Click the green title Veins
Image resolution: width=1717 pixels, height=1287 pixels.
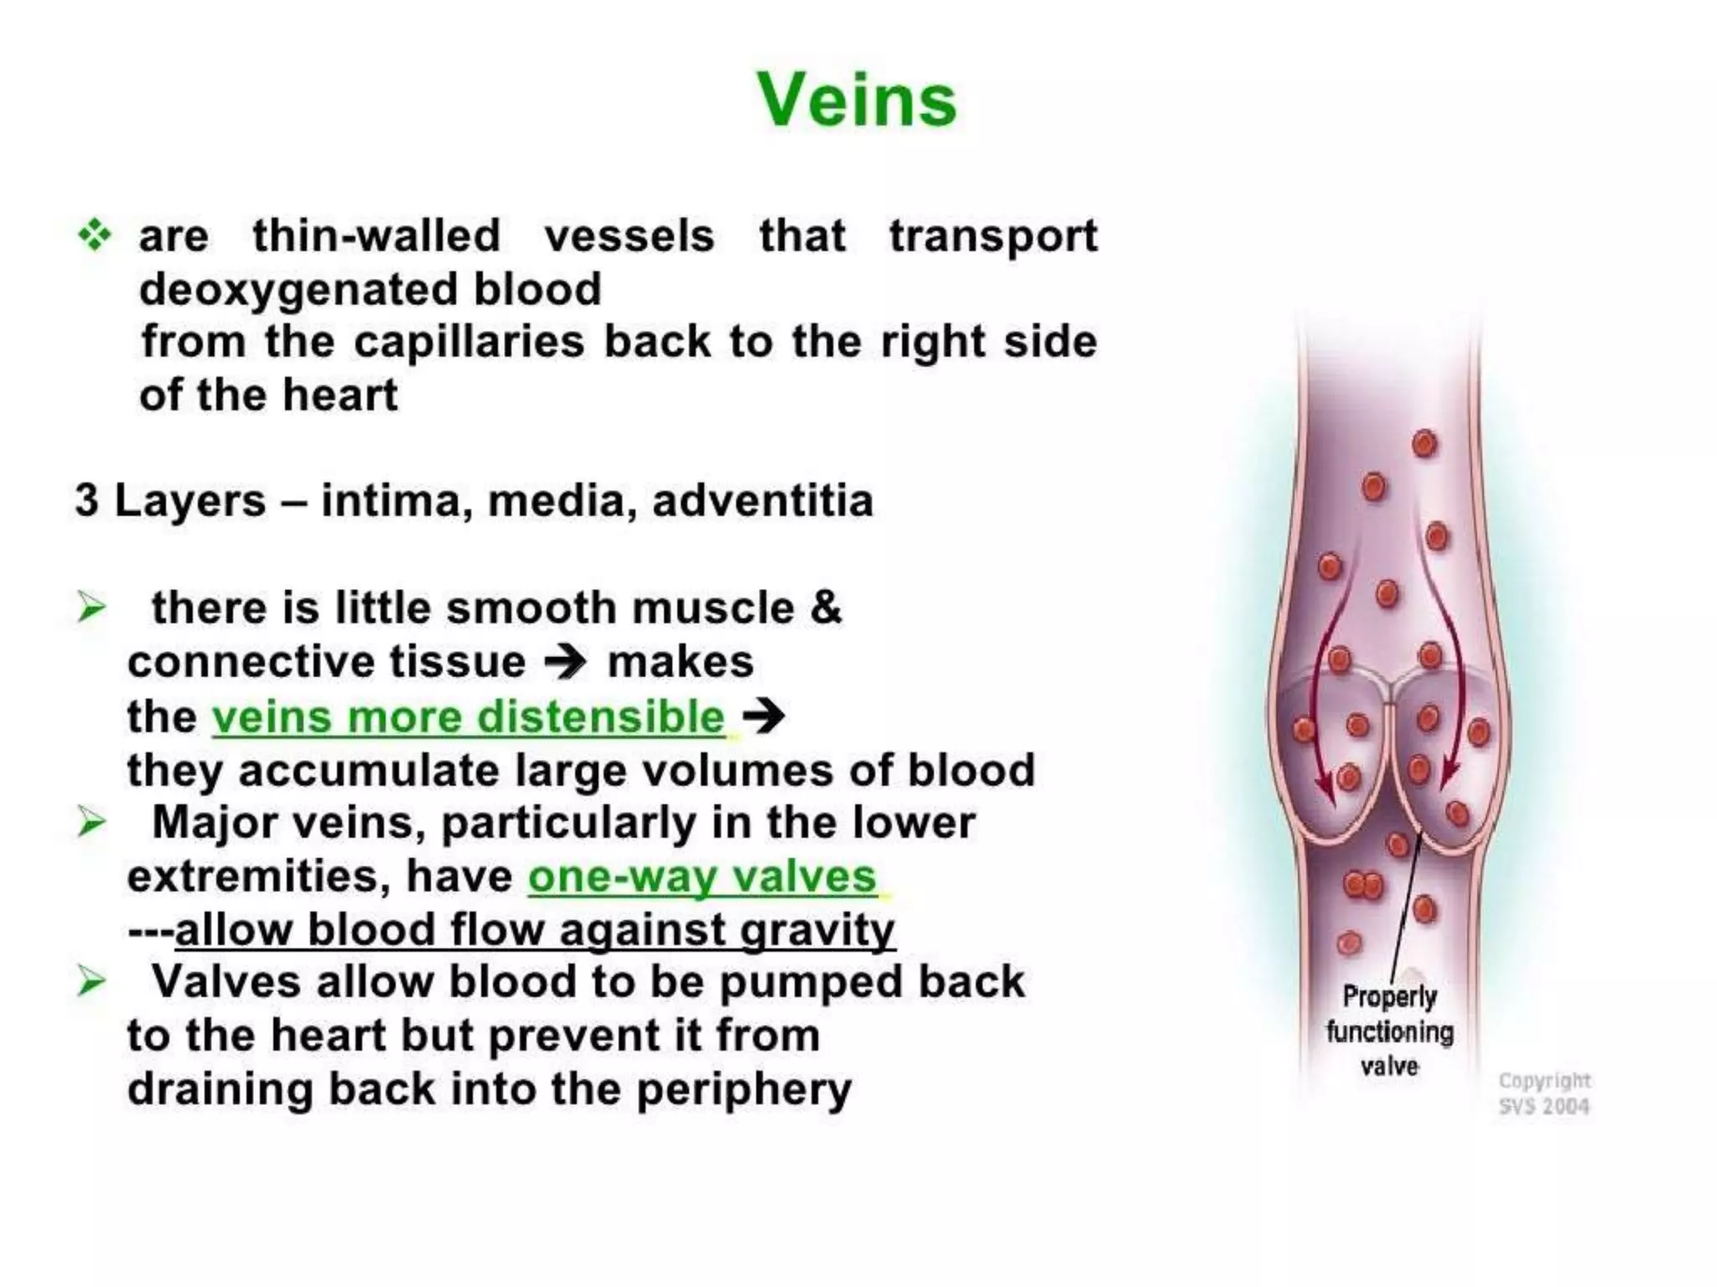(x=856, y=100)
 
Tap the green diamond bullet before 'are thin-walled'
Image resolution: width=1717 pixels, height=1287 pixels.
(x=94, y=235)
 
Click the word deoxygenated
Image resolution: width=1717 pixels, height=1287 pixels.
(x=298, y=289)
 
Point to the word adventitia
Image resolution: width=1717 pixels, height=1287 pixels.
(x=762, y=501)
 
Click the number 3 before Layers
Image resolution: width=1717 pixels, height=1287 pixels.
(x=86, y=500)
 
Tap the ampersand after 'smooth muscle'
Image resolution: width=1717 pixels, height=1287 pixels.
(x=826, y=607)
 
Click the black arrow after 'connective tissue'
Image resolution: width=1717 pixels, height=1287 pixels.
(x=566, y=663)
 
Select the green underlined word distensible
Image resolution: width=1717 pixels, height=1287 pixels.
(x=600, y=717)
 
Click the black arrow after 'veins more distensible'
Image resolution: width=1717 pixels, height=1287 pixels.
(x=764, y=716)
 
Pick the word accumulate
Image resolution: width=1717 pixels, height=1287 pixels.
(x=369, y=770)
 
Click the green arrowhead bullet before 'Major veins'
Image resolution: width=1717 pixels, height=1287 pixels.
(x=91, y=822)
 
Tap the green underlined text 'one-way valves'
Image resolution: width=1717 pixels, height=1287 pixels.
(x=702, y=876)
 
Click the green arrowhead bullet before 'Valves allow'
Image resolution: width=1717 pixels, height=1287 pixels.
(x=91, y=981)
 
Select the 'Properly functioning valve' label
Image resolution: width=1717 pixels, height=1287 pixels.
(x=1389, y=1031)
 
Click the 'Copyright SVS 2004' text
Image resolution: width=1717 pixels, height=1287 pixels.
(x=1543, y=1093)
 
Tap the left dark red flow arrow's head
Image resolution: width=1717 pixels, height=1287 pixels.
(x=1326, y=792)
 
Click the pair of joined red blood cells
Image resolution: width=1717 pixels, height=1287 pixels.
(x=1362, y=885)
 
